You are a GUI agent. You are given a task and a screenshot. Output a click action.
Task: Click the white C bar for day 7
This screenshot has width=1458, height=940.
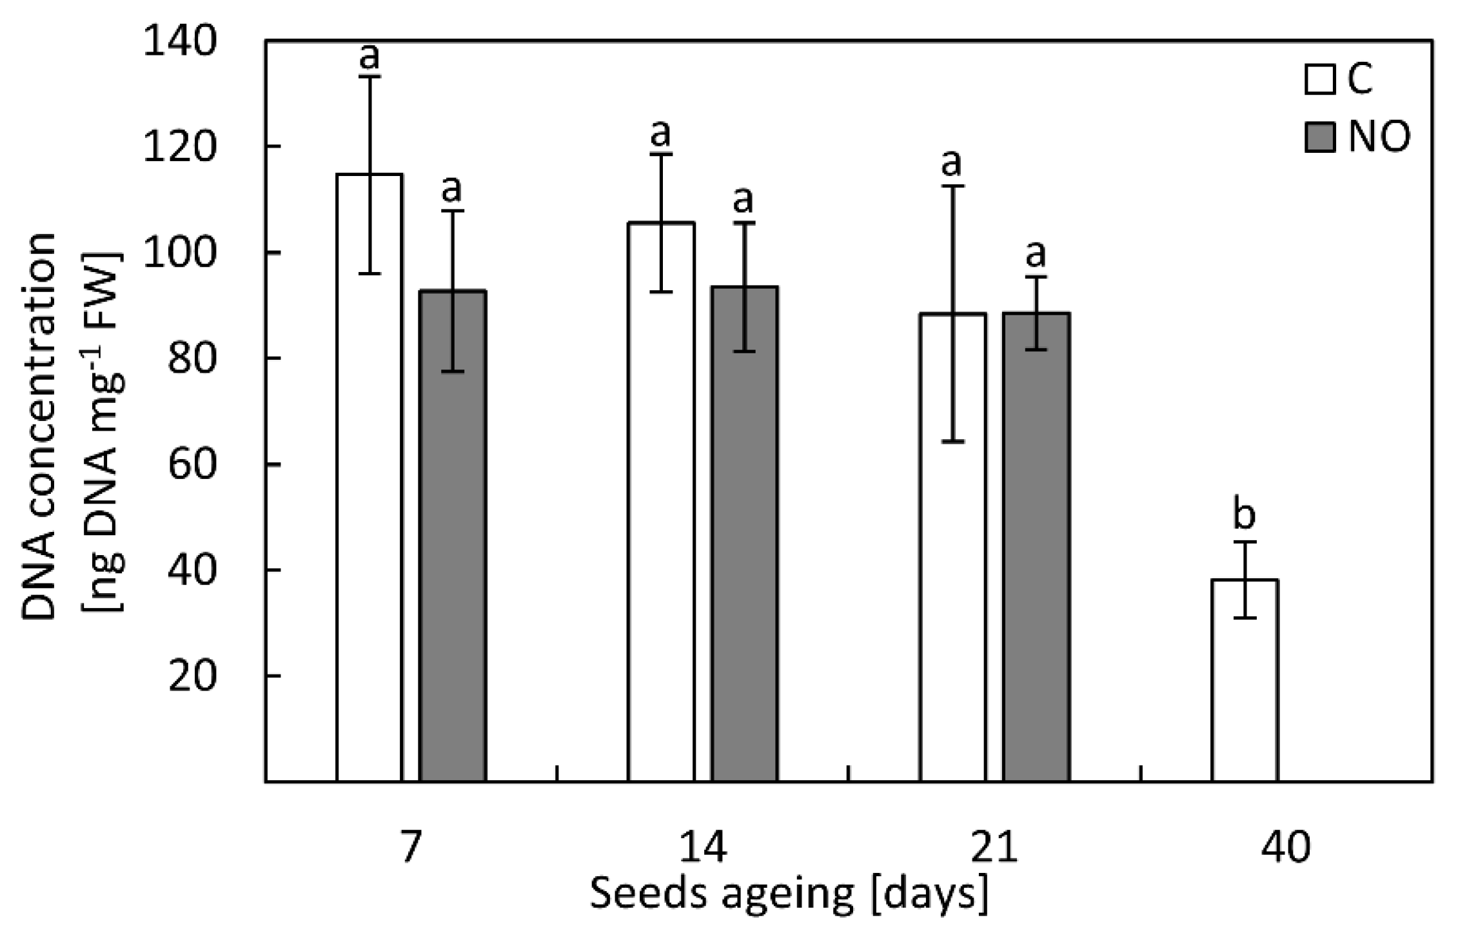[x=369, y=477]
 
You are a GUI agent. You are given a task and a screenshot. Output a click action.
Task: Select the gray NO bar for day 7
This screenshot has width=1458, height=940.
[x=453, y=535]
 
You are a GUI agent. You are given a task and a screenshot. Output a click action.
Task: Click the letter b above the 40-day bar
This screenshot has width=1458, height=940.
[x=1244, y=514]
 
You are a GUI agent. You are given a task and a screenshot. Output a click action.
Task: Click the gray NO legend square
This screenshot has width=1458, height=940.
[x=1319, y=137]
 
